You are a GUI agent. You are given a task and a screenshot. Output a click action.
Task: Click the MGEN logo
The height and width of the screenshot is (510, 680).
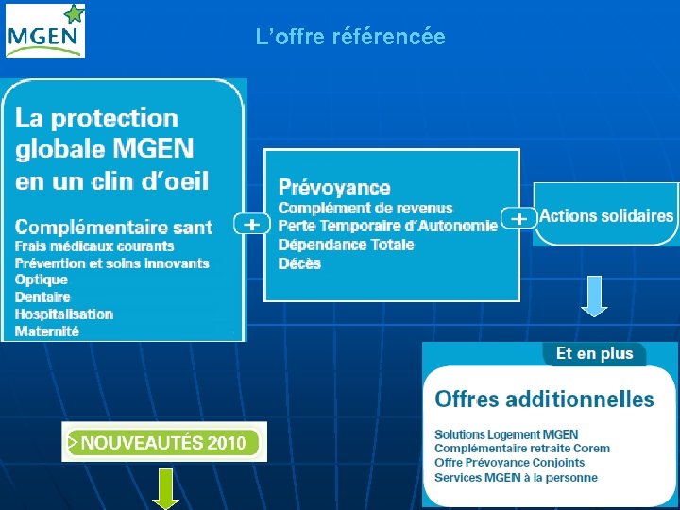tap(45, 30)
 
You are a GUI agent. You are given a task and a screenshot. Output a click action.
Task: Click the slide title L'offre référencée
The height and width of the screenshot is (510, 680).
tap(350, 38)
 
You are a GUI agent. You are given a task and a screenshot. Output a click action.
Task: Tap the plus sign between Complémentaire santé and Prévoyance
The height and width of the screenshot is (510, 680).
tap(252, 225)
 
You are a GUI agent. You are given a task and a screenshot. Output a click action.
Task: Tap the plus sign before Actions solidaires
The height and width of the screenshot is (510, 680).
tap(518, 218)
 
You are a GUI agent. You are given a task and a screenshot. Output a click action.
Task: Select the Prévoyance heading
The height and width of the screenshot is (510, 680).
tap(334, 188)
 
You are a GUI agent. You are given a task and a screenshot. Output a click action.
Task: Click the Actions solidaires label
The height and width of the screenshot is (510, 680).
tap(606, 216)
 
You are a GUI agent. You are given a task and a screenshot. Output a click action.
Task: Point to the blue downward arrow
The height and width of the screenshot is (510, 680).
tap(594, 295)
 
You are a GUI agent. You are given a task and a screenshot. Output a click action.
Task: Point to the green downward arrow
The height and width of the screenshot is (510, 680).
tap(165, 488)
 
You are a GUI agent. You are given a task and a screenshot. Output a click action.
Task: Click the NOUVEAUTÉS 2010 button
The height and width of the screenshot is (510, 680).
tap(164, 442)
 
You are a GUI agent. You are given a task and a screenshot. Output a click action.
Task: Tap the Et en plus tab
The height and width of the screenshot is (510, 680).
tap(594, 354)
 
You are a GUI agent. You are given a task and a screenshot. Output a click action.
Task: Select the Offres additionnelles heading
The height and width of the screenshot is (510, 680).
tap(544, 399)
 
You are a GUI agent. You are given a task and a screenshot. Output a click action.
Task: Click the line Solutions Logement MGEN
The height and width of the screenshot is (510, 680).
tap(506, 434)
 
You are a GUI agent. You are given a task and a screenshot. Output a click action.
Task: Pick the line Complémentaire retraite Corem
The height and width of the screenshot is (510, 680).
tap(522, 449)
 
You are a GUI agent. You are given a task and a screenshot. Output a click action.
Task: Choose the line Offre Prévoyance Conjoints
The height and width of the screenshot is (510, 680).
tap(509, 463)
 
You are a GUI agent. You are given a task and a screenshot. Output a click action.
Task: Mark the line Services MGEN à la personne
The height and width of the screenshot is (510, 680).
tap(516, 477)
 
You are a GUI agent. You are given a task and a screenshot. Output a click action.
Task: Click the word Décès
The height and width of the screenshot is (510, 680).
tap(299, 263)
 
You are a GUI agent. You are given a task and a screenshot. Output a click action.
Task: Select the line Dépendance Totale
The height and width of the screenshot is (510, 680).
tap(346, 245)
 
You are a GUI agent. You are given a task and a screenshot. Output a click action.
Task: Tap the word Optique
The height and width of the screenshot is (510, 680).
tap(42, 280)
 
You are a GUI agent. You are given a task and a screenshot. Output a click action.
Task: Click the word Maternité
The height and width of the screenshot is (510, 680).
tap(47, 331)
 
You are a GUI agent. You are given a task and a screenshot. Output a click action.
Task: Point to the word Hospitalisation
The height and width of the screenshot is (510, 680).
tap(64, 314)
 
